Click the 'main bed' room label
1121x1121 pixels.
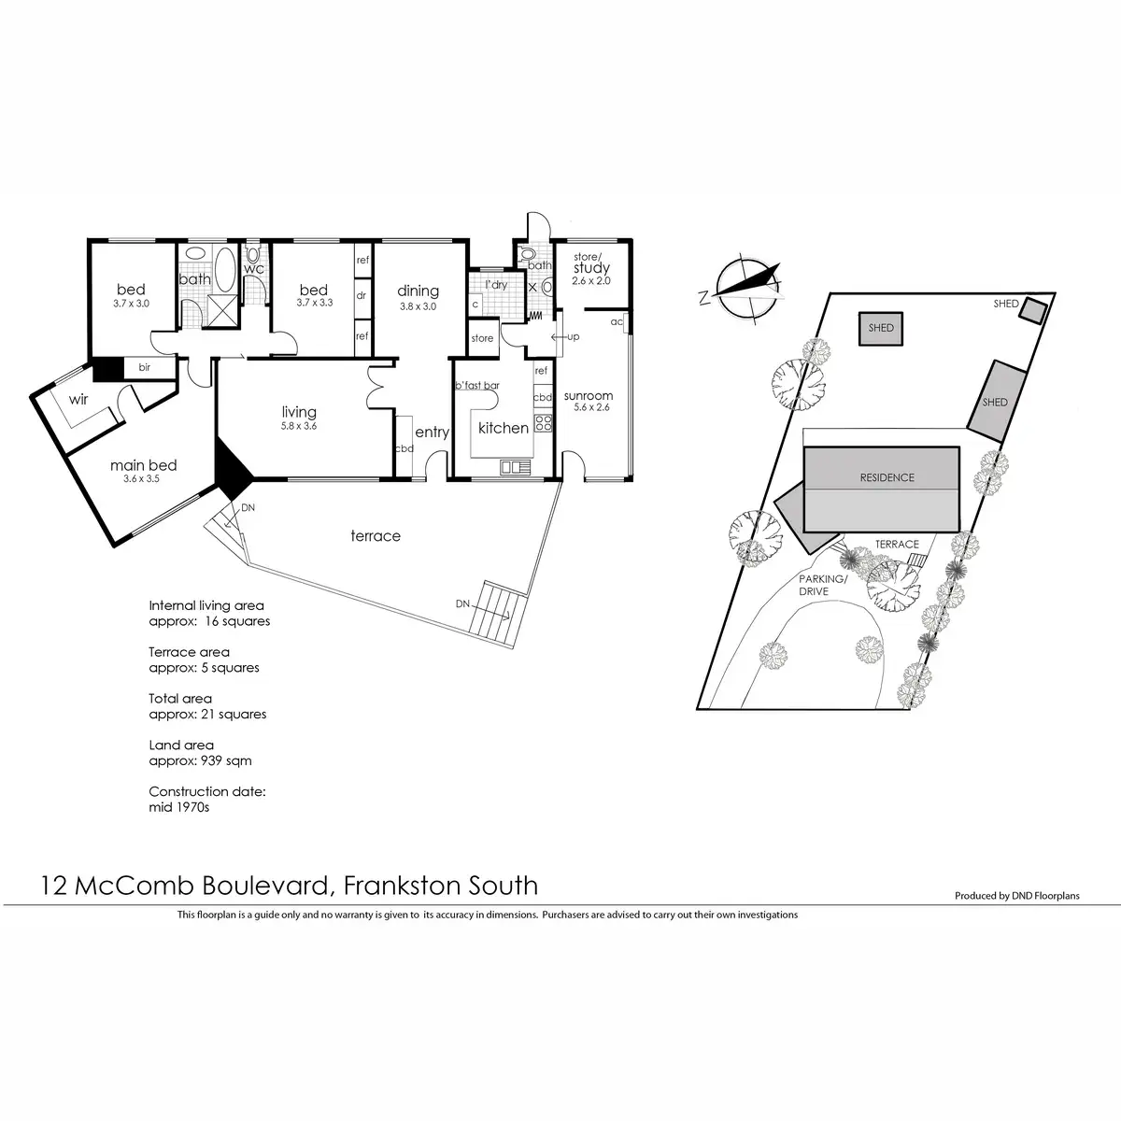tap(143, 465)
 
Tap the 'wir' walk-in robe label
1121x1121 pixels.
tap(78, 399)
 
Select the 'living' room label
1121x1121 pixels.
tap(299, 412)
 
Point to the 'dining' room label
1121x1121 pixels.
tap(418, 291)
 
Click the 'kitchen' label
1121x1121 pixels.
tap(504, 428)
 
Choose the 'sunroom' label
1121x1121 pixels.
tap(589, 396)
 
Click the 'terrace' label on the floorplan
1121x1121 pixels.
tap(376, 535)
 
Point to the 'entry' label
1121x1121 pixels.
tap(432, 433)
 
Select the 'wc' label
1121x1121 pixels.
tap(254, 269)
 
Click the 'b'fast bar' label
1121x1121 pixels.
tap(477, 385)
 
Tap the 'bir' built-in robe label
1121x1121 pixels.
tap(145, 368)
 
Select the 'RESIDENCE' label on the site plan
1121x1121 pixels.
tap(887, 477)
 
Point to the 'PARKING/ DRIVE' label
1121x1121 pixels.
tap(821, 585)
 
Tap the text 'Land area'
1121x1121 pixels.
tap(181, 745)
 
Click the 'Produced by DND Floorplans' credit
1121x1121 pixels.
tap(1016, 896)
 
